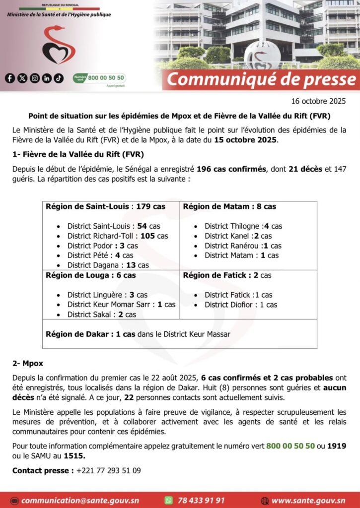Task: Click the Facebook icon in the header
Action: [10, 78]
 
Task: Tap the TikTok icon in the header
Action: [59, 78]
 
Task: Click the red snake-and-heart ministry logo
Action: [59, 46]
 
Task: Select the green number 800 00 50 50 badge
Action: [99, 78]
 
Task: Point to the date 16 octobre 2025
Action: [318, 101]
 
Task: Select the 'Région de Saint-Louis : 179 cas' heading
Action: [105, 206]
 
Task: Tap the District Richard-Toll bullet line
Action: [118, 236]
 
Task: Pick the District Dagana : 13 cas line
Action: [108, 265]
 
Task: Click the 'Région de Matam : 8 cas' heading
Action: [229, 206]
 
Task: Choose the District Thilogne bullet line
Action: [243, 226]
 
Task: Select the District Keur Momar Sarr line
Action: [121, 305]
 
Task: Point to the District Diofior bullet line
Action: [241, 305]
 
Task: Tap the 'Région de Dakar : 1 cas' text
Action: [90, 334]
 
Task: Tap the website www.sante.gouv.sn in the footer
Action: [308, 501]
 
